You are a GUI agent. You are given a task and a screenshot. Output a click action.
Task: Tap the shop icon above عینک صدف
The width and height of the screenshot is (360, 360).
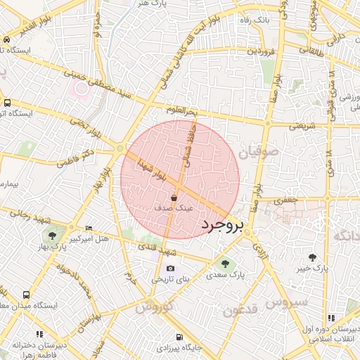tap(174, 199)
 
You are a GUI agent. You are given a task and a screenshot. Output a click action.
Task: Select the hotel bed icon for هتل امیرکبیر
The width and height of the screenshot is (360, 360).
tap(88, 229)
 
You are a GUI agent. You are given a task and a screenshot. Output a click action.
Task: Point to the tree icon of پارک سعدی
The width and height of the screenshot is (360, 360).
tap(225, 264)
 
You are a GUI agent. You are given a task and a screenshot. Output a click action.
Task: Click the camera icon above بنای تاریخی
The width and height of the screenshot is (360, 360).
tap(170, 269)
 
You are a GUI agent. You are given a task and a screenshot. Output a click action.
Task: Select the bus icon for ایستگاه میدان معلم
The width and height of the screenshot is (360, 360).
tap(26, 295)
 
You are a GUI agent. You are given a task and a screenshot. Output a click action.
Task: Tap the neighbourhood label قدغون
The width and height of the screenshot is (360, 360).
tap(241, 307)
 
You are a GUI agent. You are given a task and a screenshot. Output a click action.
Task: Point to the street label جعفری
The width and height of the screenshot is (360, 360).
tap(287, 200)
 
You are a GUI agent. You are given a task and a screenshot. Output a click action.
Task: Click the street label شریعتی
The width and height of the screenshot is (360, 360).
tap(303, 127)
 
